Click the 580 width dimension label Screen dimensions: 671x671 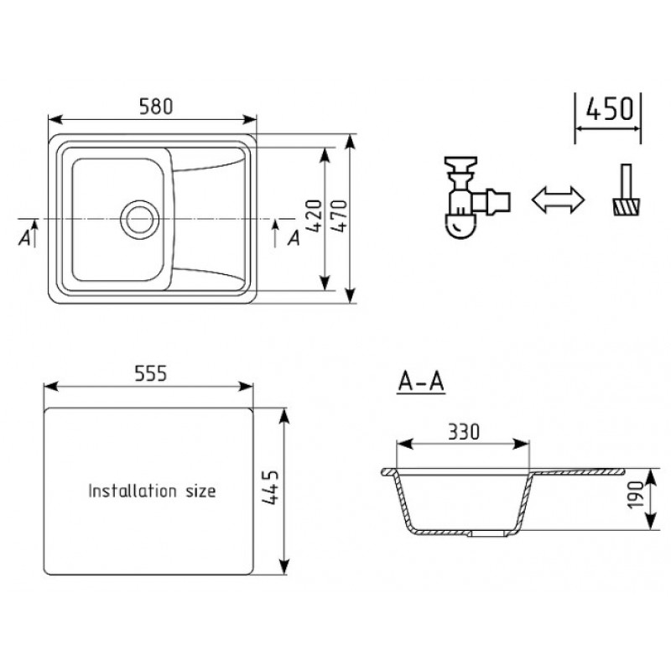156,107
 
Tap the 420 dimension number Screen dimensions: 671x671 314,216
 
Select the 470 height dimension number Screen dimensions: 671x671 340,216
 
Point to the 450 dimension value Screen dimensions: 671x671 610,109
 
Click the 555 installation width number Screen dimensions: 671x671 151,373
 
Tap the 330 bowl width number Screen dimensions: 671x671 464,432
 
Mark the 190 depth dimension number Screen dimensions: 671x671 636,495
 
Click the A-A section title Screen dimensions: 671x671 421,382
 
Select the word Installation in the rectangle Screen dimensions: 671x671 133,491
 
